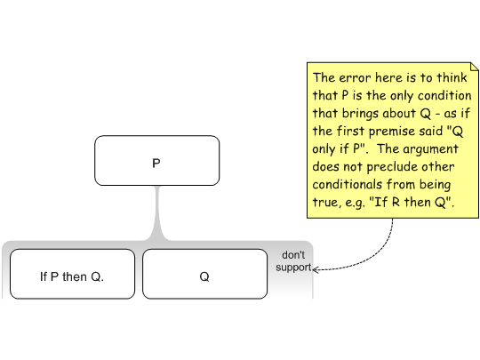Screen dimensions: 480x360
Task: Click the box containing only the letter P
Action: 157,160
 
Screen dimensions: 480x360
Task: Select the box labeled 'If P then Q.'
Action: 72,274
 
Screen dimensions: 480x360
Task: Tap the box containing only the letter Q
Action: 204,274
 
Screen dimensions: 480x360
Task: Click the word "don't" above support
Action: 293,255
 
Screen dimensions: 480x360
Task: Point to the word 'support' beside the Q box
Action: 293,268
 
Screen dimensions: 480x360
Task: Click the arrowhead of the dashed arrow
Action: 316,269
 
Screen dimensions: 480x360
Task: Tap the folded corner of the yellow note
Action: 474,67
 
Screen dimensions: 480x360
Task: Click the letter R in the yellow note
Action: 396,202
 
